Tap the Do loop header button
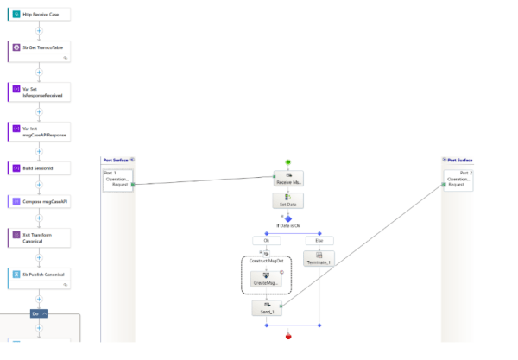[x=40, y=313]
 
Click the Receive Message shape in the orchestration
[x=288, y=179]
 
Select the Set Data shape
[x=288, y=200]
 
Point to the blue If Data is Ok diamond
[x=288, y=218]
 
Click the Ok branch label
[x=267, y=240]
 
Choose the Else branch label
[x=319, y=240]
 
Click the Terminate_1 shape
[x=319, y=258]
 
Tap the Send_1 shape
[x=267, y=307]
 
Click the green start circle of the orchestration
[x=288, y=161]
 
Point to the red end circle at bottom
[x=288, y=337]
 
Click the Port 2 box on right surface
[x=458, y=180]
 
